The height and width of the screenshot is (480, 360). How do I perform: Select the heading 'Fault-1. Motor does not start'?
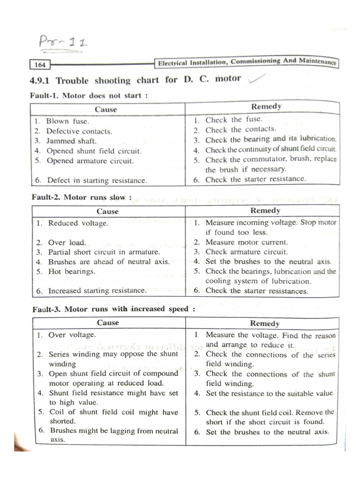pos(89,96)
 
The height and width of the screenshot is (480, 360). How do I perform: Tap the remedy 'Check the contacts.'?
pos(240,129)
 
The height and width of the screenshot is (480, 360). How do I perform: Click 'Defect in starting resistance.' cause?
pos(97,180)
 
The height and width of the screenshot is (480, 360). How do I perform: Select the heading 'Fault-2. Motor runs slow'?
pos(82,197)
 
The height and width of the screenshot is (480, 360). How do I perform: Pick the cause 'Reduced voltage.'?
pos(78,224)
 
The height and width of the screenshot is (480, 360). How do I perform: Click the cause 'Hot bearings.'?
pos(71,271)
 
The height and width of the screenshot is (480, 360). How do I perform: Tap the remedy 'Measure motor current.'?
pos(247,242)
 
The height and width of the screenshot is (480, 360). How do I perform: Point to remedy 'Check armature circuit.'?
pos(247,252)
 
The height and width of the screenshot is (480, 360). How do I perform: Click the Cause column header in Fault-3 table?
pos(108,322)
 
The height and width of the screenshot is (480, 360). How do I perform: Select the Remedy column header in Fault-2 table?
pos(265,211)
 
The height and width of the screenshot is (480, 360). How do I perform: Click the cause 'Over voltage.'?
pos(72,335)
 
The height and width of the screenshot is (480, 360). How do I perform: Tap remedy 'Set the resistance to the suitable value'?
pos(270,394)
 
